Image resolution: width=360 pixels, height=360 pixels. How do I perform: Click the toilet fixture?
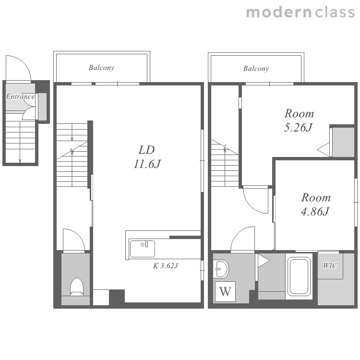point(76,287)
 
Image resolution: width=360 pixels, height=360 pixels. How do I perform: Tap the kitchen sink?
point(143,249)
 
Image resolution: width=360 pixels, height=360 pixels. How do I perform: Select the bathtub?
point(299,276)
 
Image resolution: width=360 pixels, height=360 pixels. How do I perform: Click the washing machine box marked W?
point(225,291)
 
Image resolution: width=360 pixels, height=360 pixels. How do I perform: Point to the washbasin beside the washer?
point(221,269)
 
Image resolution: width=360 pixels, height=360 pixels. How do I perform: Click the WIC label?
point(330,265)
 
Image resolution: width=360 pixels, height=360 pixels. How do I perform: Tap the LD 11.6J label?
point(147,157)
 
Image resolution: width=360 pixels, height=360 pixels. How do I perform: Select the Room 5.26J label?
point(299,120)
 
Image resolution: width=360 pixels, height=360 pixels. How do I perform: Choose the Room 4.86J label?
point(316,204)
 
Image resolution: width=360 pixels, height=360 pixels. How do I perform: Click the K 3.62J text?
point(166,265)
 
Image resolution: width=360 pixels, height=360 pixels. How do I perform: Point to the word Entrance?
point(21,96)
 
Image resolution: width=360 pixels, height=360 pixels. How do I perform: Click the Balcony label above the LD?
point(101,68)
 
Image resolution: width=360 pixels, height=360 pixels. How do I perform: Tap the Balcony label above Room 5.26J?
point(256,69)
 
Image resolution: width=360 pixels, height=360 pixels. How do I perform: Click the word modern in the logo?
point(279,12)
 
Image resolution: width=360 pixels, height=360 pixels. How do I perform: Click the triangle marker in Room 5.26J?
point(324,149)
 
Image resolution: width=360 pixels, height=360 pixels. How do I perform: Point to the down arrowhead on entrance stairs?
point(20,160)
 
